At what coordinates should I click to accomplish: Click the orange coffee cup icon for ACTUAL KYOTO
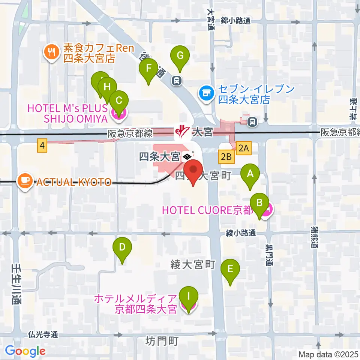(x=25, y=182)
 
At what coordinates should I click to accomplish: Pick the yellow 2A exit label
(x=244, y=148)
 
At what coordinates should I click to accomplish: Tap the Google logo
(x=25, y=351)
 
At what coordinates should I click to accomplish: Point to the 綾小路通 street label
(x=241, y=233)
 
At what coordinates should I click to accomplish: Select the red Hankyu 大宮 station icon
(x=180, y=131)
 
